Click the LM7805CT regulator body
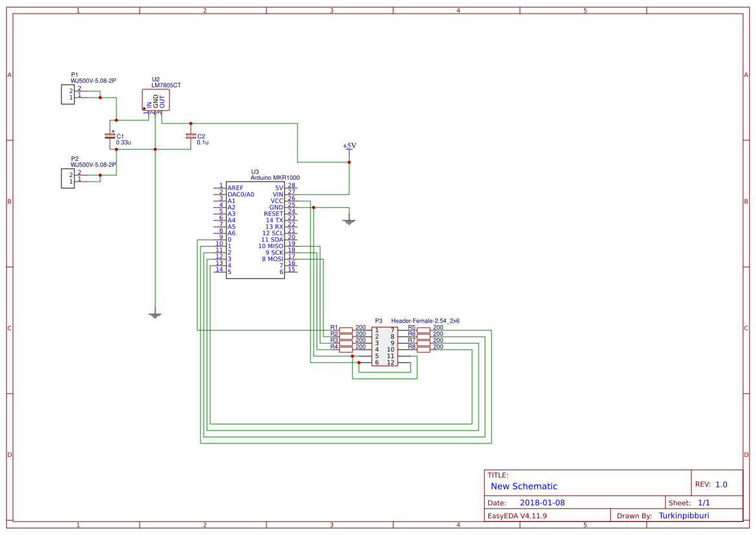(x=156, y=100)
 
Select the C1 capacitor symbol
(x=109, y=136)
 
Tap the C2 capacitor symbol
(x=190, y=136)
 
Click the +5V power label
(x=349, y=146)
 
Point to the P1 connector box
(x=68, y=94)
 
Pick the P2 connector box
(x=68, y=177)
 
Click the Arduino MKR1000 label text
(x=275, y=177)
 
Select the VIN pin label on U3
(x=278, y=194)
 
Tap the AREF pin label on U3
(x=235, y=187)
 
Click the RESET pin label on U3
(x=274, y=214)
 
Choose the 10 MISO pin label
(x=271, y=246)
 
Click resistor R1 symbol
(x=346, y=330)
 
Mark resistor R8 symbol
(x=424, y=349)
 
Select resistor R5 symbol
(x=424, y=330)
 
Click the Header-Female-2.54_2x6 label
(x=425, y=320)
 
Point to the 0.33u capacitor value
(x=124, y=142)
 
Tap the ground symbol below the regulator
(x=155, y=315)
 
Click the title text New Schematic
(x=524, y=486)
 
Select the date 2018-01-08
(x=542, y=503)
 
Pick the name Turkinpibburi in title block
(x=684, y=516)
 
